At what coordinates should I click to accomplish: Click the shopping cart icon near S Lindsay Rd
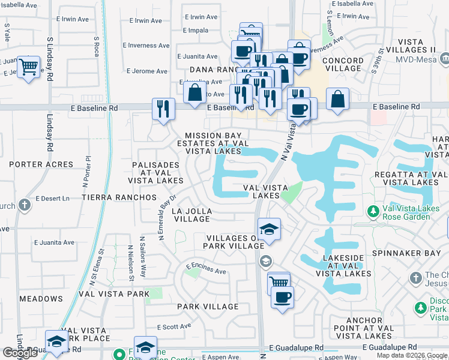coord(28,67)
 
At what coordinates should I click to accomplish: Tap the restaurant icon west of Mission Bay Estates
coord(163,109)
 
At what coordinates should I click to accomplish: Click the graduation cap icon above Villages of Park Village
coord(269,229)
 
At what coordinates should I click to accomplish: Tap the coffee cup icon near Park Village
coord(282,297)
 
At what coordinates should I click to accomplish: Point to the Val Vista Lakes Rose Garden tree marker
coord(373,211)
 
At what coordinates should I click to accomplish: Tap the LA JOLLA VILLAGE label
coord(191,215)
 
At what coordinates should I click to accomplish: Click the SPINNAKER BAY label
coord(415,254)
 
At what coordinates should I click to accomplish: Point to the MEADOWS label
coord(41,299)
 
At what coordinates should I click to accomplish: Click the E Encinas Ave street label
coord(205,268)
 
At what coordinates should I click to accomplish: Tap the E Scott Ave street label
coord(174,327)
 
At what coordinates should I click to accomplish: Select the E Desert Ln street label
coord(53,198)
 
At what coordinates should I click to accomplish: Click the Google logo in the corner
coord(20,353)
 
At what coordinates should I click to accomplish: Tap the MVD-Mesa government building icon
coord(445,59)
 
